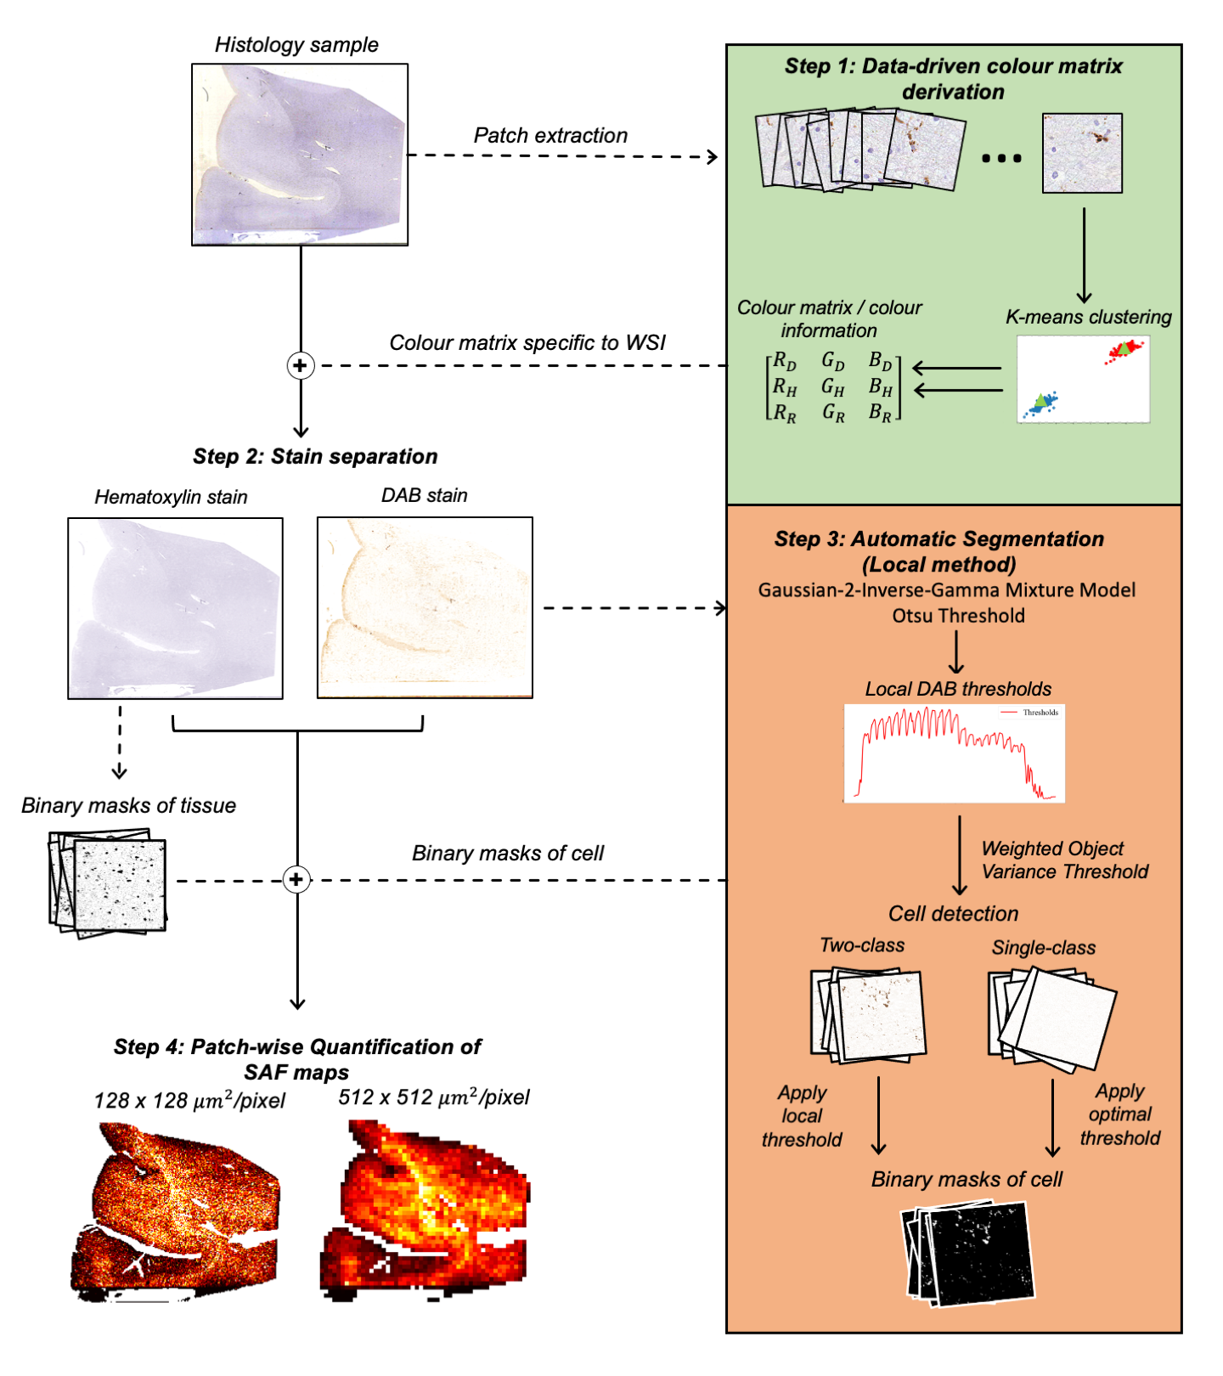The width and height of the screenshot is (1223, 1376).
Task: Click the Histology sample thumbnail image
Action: (x=300, y=155)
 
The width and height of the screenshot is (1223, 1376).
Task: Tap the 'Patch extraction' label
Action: (x=550, y=136)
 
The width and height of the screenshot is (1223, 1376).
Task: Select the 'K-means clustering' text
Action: (x=1088, y=317)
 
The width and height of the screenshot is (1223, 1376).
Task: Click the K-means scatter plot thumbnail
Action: (x=1083, y=380)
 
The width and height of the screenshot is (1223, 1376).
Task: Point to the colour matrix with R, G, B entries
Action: (x=833, y=387)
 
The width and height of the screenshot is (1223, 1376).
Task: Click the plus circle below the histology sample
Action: (x=300, y=365)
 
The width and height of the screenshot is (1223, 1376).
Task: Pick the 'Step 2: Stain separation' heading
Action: (x=315, y=457)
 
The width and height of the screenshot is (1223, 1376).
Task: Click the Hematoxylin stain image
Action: (x=175, y=608)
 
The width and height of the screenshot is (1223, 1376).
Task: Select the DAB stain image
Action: (x=425, y=608)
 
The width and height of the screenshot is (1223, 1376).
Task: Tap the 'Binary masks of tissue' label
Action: (x=128, y=806)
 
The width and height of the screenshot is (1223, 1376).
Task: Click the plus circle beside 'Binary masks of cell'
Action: (x=296, y=879)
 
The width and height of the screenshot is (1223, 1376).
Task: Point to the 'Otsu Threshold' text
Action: (x=958, y=616)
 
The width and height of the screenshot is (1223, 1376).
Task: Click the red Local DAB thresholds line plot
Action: (x=954, y=753)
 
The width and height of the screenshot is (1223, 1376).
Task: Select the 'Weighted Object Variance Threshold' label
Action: (x=1064, y=860)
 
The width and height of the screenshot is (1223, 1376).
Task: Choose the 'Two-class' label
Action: (x=862, y=945)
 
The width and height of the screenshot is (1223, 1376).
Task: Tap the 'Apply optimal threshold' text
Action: (x=1119, y=1114)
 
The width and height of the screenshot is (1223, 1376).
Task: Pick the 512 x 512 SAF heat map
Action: (x=424, y=1210)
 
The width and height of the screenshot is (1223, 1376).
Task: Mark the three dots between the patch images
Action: (x=1001, y=158)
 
